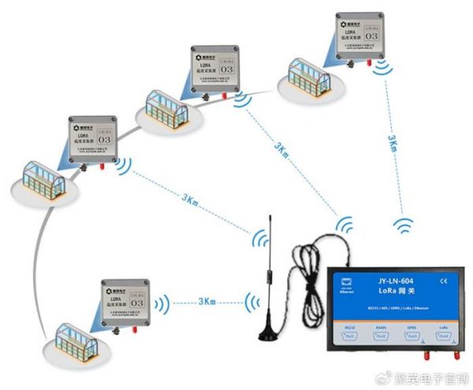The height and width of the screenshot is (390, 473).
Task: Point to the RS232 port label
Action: pos(352,327)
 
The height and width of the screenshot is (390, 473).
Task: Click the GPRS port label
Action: pos(412,327)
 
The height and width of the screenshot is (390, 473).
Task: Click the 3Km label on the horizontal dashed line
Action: pos(207,302)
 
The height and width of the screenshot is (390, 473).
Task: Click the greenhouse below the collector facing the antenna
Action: pos(76,339)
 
